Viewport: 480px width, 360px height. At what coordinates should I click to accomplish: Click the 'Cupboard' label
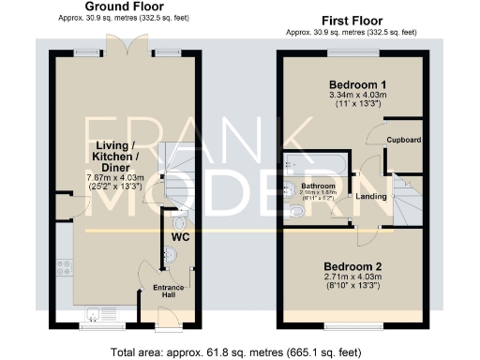point(404,140)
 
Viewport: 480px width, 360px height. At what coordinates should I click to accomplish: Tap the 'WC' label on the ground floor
point(180,237)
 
